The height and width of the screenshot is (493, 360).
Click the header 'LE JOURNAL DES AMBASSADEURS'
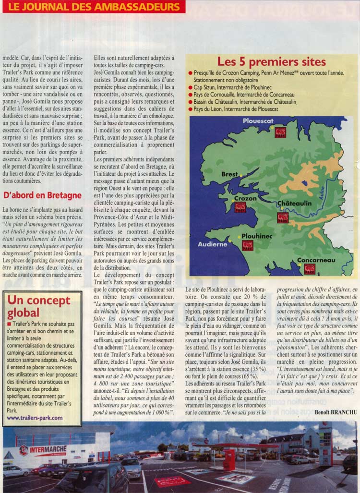[x=93, y=7]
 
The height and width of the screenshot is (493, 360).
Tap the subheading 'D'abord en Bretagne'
[x=42, y=196]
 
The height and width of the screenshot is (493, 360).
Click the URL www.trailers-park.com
[x=35, y=418]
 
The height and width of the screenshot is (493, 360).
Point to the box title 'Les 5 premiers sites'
[x=271, y=61]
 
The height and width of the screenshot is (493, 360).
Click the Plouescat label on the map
[x=258, y=121]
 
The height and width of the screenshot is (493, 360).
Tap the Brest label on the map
[x=229, y=175]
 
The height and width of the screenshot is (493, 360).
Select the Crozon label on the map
[x=245, y=198]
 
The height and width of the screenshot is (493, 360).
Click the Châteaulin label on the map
[x=295, y=204]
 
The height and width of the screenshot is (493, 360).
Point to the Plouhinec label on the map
[x=256, y=236]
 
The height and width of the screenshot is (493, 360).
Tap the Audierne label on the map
[x=213, y=244]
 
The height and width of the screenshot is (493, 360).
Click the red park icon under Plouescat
[x=280, y=132]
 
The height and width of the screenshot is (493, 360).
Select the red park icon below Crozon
[x=240, y=207]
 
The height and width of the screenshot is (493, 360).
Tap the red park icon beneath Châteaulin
[x=283, y=217]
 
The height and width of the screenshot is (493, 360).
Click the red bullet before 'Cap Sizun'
[x=191, y=88]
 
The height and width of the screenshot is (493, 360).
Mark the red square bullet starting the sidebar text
[x=10, y=324]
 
